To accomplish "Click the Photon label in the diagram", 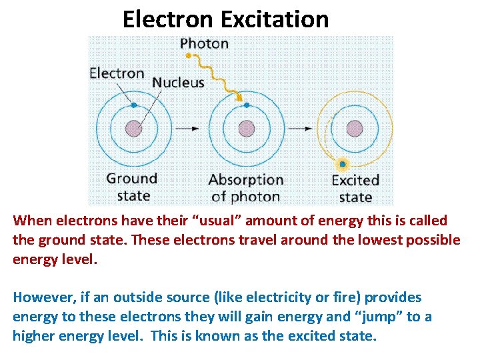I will point(204,44).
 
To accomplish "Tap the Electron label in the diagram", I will point(117,73).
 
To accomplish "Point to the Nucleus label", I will point(178,83).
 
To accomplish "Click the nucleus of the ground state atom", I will point(134,128).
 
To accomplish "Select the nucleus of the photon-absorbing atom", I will point(247,128).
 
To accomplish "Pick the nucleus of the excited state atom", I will point(355,128).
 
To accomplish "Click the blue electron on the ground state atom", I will point(134,105).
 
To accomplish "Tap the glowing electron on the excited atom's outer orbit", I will point(342,163).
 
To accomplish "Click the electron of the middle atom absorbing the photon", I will point(247,105).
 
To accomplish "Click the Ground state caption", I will point(132,187).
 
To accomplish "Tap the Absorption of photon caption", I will point(245,188).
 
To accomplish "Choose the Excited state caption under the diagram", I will point(355,189).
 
